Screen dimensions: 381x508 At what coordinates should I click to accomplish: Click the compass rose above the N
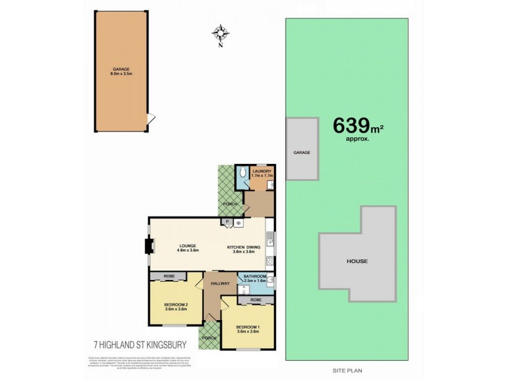tap(221, 32)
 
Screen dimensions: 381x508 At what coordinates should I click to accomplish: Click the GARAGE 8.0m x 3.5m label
tap(121, 72)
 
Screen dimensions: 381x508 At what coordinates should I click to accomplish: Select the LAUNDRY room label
tap(262, 173)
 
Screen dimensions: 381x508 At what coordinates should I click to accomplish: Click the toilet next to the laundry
tap(241, 173)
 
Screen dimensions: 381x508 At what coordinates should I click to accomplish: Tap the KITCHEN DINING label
tap(241, 248)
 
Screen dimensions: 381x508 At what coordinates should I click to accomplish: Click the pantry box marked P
tap(227, 222)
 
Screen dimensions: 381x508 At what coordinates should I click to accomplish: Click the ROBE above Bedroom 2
tap(168, 276)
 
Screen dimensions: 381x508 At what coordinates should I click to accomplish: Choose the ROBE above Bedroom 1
tap(255, 299)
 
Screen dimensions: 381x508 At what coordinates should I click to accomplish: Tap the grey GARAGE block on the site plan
tap(302, 152)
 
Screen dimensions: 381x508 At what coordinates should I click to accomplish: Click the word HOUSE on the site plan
tap(357, 261)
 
